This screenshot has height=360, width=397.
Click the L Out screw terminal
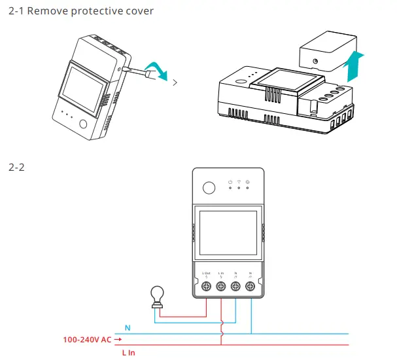click(x=207, y=285)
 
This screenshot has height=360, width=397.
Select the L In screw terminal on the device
click(x=221, y=285)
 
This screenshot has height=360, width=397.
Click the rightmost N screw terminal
click(x=250, y=285)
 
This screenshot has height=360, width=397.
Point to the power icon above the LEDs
click(x=230, y=181)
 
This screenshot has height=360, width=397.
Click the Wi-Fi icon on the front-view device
click(x=239, y=181)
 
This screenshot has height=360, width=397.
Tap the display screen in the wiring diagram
click(x=228, y=231)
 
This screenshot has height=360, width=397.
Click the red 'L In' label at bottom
click(x=128, y=352)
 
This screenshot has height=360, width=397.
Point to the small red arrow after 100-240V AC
click(x=118, y=340)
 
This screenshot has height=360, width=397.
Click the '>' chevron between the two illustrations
click(x=174, y=82)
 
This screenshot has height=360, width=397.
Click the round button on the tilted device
click(x=84, y=124)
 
